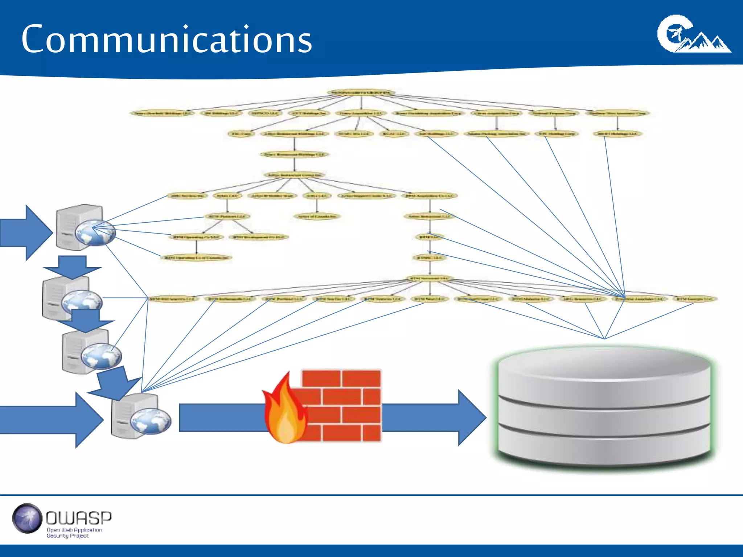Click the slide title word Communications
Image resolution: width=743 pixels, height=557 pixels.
167,39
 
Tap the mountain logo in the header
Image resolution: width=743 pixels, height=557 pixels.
694,34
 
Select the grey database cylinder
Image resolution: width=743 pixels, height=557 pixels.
604,406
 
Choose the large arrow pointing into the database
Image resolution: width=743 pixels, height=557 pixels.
435,417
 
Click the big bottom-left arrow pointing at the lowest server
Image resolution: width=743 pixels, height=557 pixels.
51,420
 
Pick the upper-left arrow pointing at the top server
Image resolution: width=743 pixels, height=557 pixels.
25,232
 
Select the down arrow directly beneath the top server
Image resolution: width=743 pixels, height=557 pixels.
72,267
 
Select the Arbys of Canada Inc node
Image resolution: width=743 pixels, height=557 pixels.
317,216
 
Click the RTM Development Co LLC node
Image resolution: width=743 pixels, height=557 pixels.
259,237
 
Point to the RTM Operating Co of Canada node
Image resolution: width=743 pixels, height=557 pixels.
196,257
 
